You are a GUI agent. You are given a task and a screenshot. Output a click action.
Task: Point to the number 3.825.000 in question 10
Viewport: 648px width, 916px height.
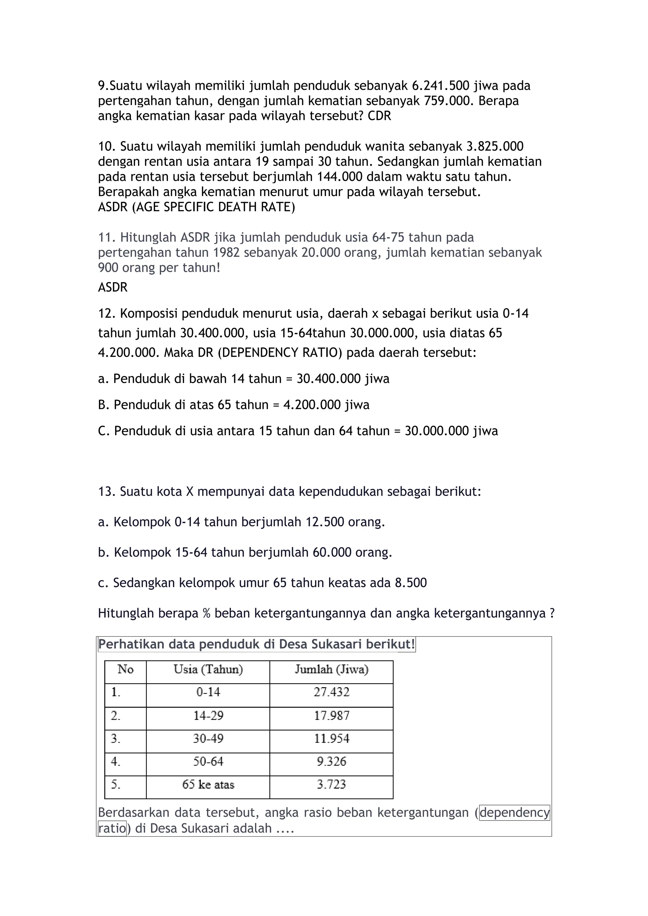tap(495, 146)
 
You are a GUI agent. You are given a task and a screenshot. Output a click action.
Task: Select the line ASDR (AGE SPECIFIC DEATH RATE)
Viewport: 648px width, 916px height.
tap(196, 207)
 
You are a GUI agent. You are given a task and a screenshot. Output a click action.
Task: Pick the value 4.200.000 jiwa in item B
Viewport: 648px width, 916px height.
tap(326, 405)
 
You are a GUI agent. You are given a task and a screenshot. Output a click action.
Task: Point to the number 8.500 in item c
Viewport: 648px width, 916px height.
tap(411, 583)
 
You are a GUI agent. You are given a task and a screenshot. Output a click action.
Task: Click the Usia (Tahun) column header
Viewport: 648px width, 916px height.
tap(208, 669)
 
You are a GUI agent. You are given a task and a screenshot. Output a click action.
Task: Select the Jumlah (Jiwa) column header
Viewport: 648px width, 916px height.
tap(331, 669)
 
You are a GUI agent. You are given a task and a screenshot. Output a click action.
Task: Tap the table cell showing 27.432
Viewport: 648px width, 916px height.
tap(331, 692)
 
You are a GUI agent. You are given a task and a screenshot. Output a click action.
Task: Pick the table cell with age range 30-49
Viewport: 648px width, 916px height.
tap(208, 739)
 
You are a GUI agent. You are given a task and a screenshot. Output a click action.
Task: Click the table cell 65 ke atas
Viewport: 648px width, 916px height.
tap(208, 785)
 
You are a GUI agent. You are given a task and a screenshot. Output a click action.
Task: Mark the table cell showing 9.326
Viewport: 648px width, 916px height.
tap(331, 762)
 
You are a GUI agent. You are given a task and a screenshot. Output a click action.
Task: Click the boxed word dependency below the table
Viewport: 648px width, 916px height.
tap(514, 813)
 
